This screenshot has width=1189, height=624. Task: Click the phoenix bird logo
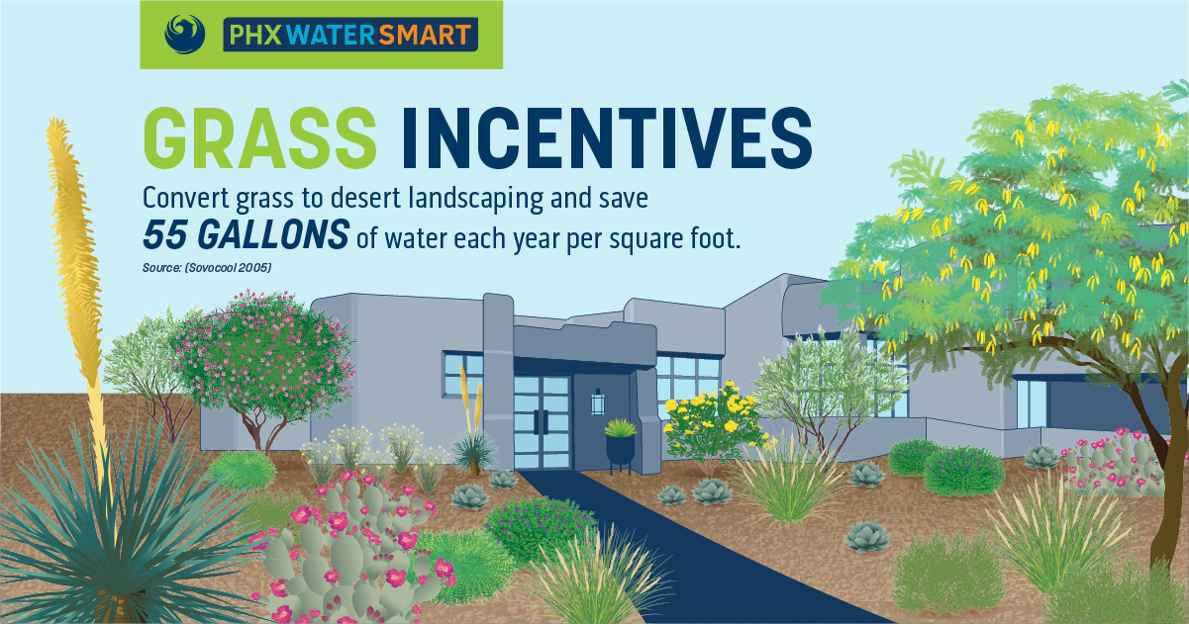pos(185,35)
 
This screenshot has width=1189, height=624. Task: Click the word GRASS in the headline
pos(259,137)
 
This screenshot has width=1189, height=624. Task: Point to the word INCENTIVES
pos(607,137)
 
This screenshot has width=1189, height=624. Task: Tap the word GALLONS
pos(273,234)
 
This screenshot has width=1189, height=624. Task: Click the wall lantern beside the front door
pos(598,402)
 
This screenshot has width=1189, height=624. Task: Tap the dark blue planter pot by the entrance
pos(620,449)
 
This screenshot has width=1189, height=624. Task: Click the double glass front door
pos(542,422)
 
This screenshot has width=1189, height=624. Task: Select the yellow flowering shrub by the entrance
pos(713,421)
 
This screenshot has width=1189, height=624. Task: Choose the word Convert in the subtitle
pos(186,198)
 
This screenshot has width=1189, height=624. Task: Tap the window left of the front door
pos(463,374)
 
